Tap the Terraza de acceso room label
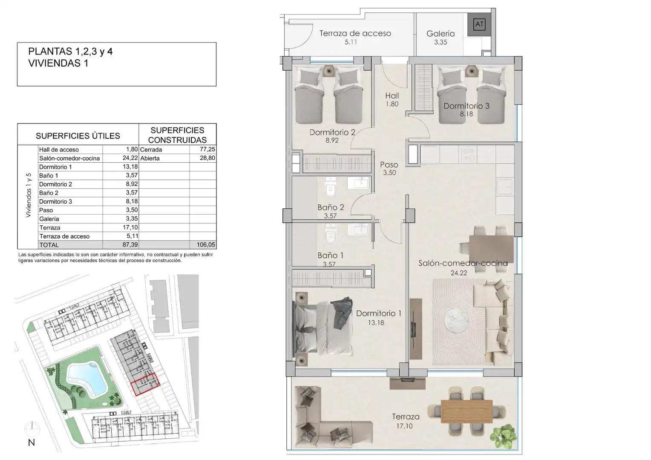click(x=355, y=33)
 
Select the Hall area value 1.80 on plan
click(x=392, y=104)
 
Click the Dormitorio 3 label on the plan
click(x=467, y=106)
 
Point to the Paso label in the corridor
click(x=389, y=164)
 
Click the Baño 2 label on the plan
click(x=331, y=207)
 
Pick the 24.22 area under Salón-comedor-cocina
click(x=459, y=273)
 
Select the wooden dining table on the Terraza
click(x=467, y=411)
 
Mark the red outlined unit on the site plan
click(x=145, y=385)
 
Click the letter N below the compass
click(x=32, y=443)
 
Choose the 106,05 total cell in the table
click(x=206, y=244)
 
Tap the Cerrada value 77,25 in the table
click(x=207, y=149)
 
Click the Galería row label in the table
click(x=49, y=219)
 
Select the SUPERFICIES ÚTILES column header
click(x=78, y=136)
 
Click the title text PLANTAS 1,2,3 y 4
click(x=70, y=52)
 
